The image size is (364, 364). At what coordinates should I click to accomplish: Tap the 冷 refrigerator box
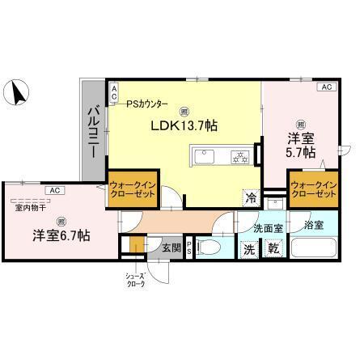pyautogui.click(x=251, y=197)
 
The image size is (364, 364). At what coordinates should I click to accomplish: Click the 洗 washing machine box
pyautogui.click(x=251, y=249)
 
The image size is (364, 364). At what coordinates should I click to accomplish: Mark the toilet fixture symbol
pyautogui.click(x=210, y=249)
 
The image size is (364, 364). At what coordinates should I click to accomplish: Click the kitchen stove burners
pyautogui.click(x=239, y=156)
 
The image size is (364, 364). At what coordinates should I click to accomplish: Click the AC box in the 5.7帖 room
pyautogui.click(x=327, y=87)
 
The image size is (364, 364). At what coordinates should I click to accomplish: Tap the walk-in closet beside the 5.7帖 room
pyautogui.click(x=315, y=191)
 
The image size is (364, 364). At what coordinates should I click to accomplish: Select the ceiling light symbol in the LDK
pyautogui.click(x=185, y=111)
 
